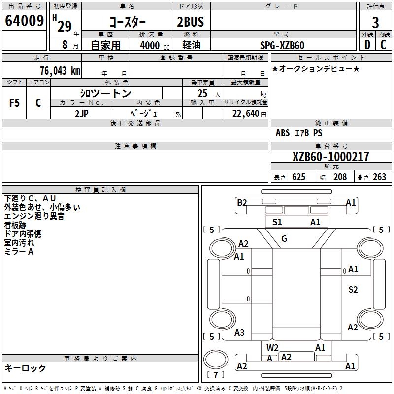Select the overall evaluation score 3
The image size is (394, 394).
(375, 23)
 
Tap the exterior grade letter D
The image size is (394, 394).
(367, 45)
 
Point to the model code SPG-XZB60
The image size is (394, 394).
(282, 45)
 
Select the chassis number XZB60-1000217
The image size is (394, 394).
(330, 157)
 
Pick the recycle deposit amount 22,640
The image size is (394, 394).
(245, 113)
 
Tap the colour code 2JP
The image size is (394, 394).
(82, 113)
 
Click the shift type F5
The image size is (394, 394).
(15, 103)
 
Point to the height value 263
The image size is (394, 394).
(379, 177)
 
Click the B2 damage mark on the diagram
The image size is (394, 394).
(241, 202)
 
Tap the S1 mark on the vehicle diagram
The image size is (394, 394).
(277, 222)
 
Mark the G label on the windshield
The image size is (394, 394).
(284, 239)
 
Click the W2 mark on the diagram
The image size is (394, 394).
(272, 348)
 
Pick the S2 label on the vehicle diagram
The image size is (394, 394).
(353, 290)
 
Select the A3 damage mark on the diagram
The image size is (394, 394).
(239, 333)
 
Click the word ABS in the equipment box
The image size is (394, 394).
(283, 133)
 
